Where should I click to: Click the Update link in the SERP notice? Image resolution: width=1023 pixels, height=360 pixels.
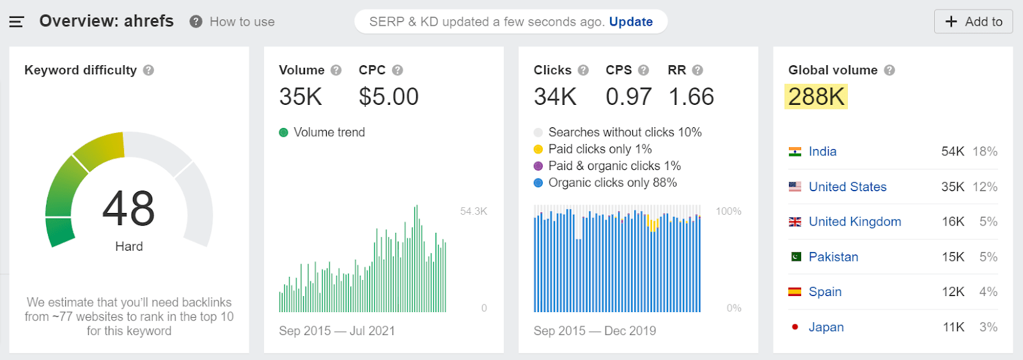(630, 22)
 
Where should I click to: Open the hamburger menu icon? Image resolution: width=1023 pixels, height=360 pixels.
(17, 22)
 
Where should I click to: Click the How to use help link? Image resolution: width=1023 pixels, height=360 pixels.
(242, 22)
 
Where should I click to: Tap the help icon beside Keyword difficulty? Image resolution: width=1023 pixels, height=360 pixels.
(148, 70)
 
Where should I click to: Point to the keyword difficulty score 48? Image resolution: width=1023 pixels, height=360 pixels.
(129, 208)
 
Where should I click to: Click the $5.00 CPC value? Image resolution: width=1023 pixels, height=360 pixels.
(388, 97)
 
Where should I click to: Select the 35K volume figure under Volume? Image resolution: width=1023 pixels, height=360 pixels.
(301, 97)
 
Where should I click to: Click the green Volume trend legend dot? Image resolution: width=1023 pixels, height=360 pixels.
(284, 132)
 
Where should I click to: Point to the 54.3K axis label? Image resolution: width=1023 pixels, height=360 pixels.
(473, 211)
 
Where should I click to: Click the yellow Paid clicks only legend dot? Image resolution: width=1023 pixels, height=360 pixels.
(538, 149)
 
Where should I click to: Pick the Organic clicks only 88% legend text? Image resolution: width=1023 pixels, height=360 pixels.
(613, 182)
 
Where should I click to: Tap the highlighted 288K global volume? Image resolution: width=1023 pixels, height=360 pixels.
(816, 97)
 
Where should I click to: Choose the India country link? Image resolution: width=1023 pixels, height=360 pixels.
(822, 152)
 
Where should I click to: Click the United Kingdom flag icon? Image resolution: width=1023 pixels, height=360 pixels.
(795, 222)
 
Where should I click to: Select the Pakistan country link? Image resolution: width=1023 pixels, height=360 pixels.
(833, 256)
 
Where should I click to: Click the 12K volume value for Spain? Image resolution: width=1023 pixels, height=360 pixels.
(953, 292)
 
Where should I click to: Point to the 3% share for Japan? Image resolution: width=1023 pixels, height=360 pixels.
(988, 327)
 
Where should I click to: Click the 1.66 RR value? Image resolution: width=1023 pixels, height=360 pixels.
(691, 97)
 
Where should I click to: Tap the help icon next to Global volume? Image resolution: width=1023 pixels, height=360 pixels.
(889, 70)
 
